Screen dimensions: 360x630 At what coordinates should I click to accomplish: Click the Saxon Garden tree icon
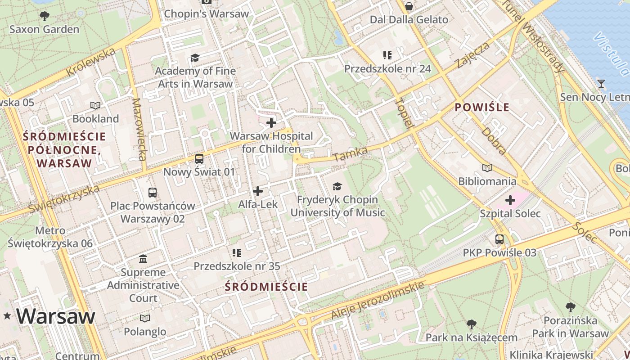click(44, 16)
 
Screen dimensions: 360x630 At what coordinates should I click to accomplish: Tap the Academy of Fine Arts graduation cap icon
click(195, 58)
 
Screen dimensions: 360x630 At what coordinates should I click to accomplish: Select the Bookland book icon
click(95, 105)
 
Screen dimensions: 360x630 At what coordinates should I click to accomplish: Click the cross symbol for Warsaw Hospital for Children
click(271, 122)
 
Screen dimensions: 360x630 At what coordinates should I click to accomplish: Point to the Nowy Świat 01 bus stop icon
click(199, 158)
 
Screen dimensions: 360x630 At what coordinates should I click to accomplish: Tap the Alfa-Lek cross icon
click(258, 191)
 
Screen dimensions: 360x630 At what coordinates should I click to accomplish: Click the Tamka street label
click(351, 154)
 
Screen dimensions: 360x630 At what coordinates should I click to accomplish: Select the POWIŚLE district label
click(482, 107)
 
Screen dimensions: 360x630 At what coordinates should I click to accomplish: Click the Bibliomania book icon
click(487, 168)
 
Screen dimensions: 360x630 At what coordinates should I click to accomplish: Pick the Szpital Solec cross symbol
click(510, 200)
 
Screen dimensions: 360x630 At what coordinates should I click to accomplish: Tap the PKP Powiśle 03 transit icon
click(499, 239)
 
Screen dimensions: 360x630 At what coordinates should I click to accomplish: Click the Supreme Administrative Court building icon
click(143, 259)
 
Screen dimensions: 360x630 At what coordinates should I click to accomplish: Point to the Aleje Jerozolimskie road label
click(378, 301)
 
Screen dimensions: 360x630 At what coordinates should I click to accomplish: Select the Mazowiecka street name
click(139, 130)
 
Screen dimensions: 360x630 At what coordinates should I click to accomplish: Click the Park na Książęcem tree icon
click(471, 324)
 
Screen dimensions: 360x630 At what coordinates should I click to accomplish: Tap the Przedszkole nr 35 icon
click(237, 253)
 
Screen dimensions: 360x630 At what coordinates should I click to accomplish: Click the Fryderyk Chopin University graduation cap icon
click(337, 186)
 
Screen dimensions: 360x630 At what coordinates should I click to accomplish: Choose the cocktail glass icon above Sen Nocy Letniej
click(601, 83)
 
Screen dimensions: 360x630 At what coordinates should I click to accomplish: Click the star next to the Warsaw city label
click(7, 316)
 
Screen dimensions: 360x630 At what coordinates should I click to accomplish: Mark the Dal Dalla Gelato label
click(409, 20)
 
